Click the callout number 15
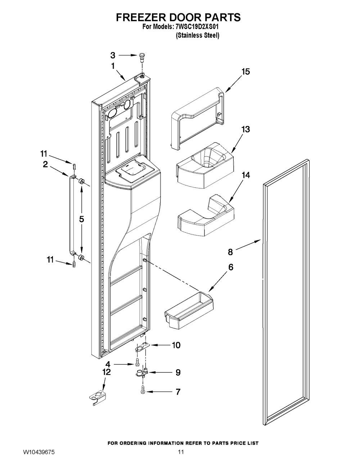(246, 72)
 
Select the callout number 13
(246, 130)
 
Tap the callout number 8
(230, 252)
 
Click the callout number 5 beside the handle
(81, 219)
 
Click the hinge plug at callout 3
(141, 58)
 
